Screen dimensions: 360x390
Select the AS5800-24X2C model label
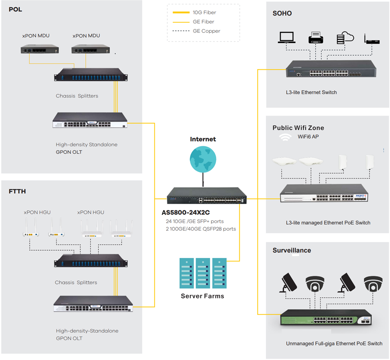186,213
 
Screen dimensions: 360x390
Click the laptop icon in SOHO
287,38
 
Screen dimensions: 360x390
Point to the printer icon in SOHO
315,38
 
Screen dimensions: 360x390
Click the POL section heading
15,9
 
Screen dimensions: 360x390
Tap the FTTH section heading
17,191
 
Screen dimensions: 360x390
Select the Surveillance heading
292,251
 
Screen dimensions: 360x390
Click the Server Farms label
203,296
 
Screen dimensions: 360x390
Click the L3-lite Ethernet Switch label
311,93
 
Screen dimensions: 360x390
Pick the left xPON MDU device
37,50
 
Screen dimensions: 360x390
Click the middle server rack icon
203,273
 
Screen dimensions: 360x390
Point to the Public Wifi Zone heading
298,128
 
